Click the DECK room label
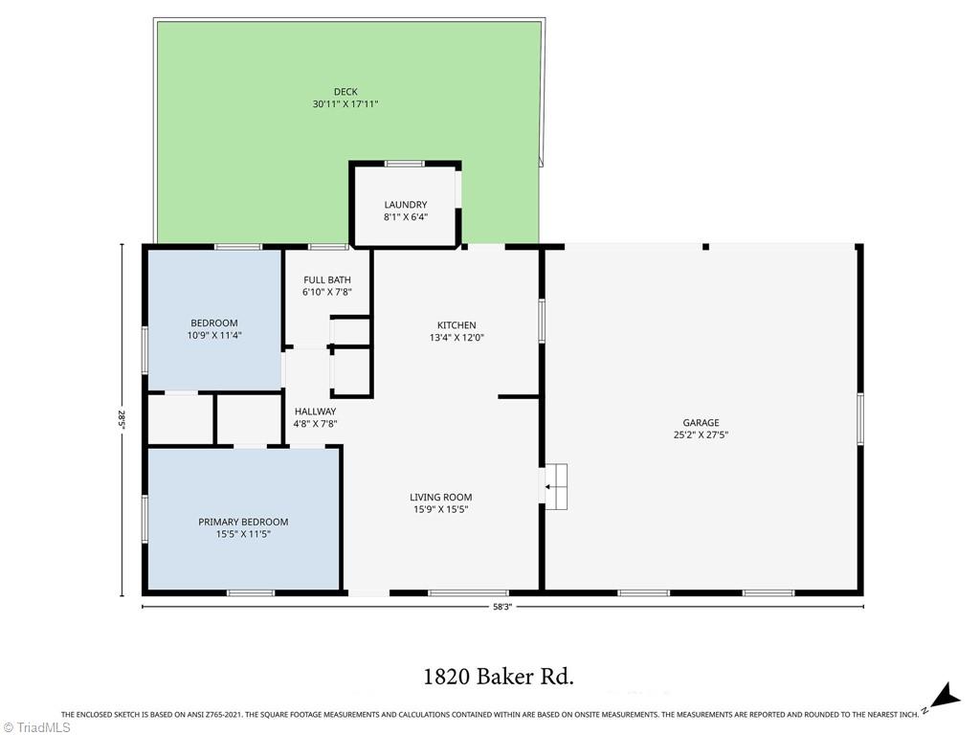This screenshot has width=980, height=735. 345,92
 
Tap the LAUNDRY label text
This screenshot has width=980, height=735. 406,205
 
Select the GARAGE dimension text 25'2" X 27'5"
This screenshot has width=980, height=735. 701,434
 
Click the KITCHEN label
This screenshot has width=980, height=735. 457,325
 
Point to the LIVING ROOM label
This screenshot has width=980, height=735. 441,497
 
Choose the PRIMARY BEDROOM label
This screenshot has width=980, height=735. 243,522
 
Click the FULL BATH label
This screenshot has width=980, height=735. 327,280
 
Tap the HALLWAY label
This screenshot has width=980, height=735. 315,412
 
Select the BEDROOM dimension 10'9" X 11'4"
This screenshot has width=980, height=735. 214,335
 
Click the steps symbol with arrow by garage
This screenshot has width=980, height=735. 555,487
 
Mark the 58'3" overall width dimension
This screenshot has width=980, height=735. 501,606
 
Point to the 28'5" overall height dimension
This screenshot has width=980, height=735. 122,419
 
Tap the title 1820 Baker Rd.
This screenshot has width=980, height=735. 498,678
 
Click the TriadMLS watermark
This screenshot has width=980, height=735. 36,727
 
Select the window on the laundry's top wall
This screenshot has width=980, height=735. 405,164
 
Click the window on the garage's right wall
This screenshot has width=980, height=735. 860,418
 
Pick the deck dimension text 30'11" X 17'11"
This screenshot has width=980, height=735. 345,103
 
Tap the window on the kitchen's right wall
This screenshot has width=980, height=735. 542,321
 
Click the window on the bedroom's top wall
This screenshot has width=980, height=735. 238,247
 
